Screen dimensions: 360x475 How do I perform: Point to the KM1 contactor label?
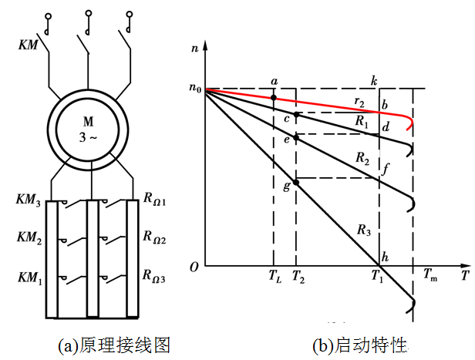(28, 275)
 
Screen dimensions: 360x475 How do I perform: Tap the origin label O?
(195, 267)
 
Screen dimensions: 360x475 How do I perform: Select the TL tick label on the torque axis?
(275, 276)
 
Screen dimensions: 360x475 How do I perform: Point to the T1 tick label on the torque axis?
(377, 276)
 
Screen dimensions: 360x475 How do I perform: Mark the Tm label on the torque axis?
(430, 275)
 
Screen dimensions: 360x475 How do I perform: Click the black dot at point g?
(296, 183)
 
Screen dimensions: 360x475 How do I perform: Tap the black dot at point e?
(296, 135)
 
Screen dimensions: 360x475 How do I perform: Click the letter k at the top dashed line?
(373, 80)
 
